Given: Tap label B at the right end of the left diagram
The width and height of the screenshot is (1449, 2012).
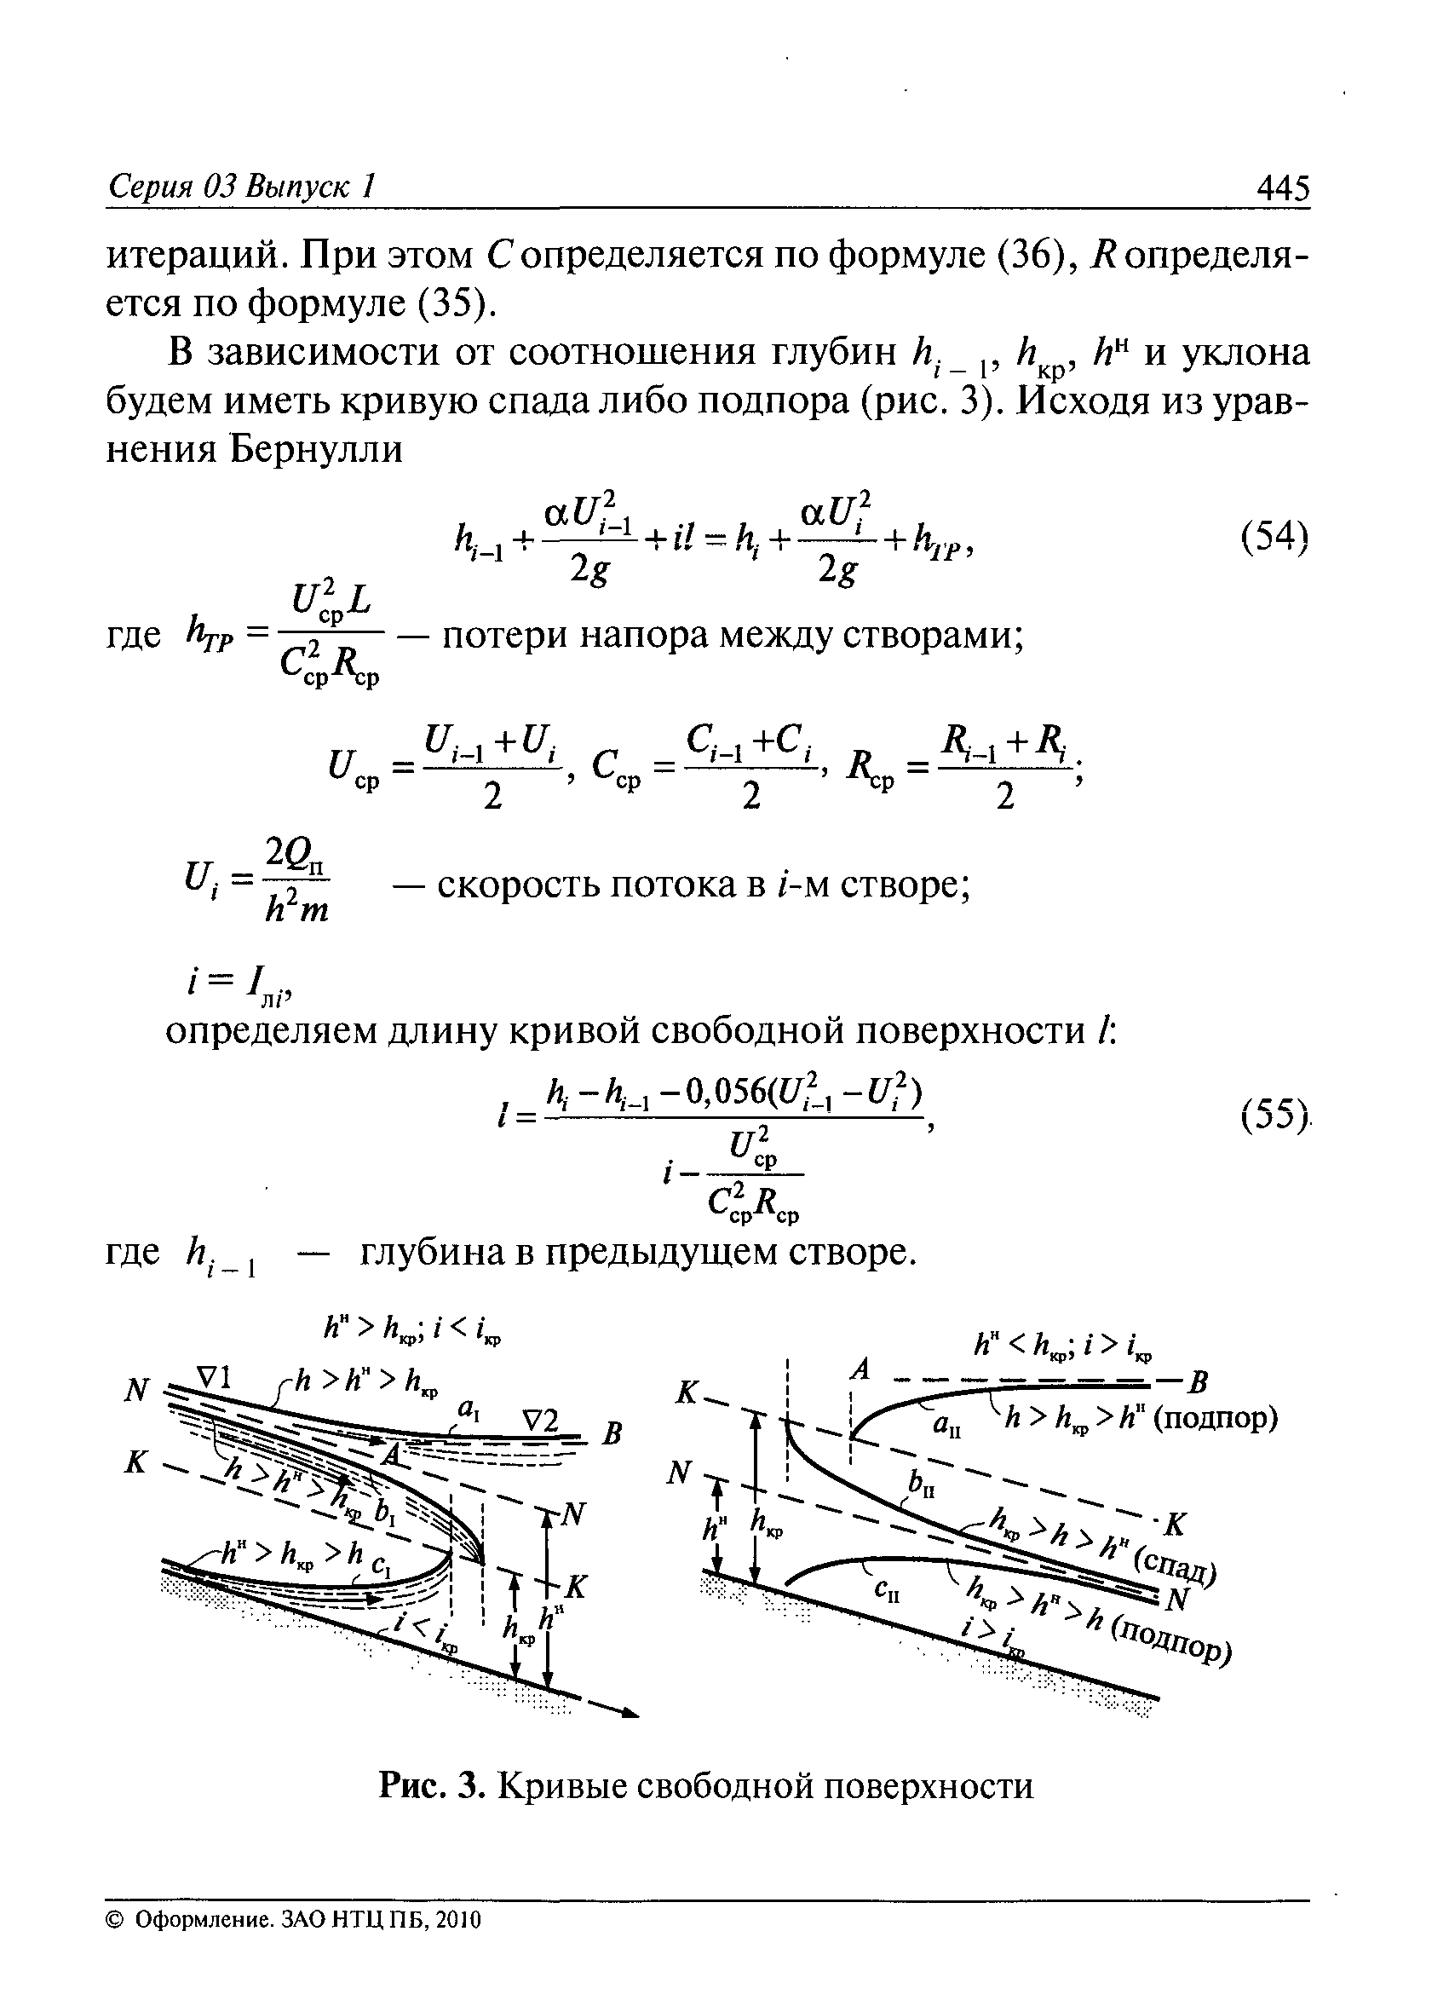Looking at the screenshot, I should click(612, 1433).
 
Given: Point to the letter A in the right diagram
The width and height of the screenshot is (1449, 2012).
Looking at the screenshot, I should click(858, 1370).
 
